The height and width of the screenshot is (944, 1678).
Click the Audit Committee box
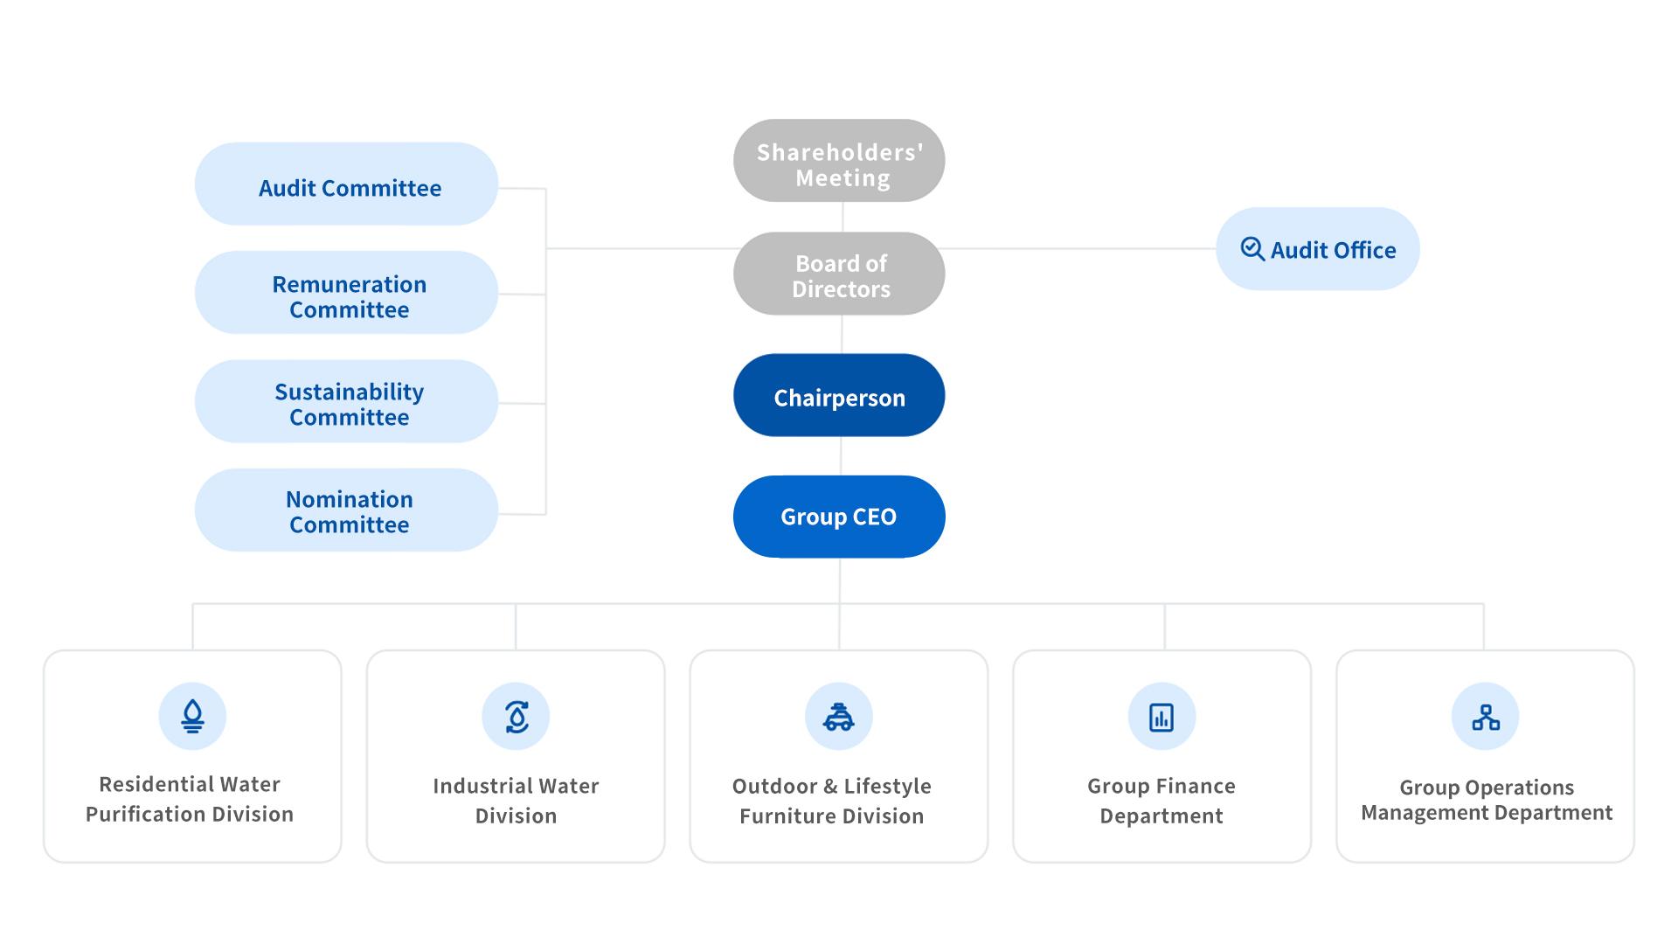point(346,184)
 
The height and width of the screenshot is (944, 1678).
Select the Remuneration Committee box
point(346,293)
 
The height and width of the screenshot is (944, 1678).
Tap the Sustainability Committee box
point(346,401)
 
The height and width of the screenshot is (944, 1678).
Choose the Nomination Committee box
point(346,510)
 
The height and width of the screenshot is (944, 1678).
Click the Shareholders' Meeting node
point(839,161)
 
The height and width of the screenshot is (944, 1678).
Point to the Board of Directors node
point(839,274)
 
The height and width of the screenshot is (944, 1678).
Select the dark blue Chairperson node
point(839,395)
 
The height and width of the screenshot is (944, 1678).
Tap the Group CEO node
point(839,517)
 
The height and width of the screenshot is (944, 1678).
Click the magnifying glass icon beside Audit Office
point(1252,249)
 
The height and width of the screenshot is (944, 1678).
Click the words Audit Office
point(1333,250)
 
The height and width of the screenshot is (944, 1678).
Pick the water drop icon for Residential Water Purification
point(192,717)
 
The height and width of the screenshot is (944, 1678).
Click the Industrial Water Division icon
point(517,717)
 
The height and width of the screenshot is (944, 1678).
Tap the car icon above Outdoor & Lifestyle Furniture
point(839,717)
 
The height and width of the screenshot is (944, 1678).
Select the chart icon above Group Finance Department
point(1161,718)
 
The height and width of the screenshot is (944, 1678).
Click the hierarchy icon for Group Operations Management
point(1486,718)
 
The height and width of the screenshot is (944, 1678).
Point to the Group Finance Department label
point(1161,801)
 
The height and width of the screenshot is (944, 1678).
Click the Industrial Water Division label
point(516,801)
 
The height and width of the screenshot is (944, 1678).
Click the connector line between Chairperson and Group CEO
point(841,455)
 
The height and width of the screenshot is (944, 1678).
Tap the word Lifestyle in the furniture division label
point(887,787)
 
